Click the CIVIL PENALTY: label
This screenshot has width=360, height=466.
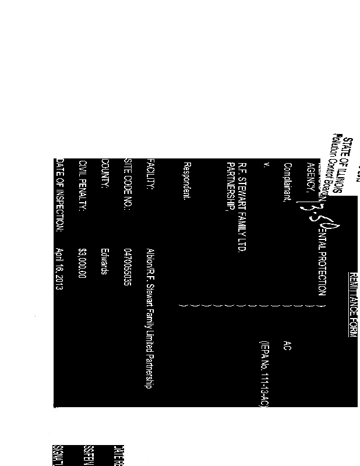83,186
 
